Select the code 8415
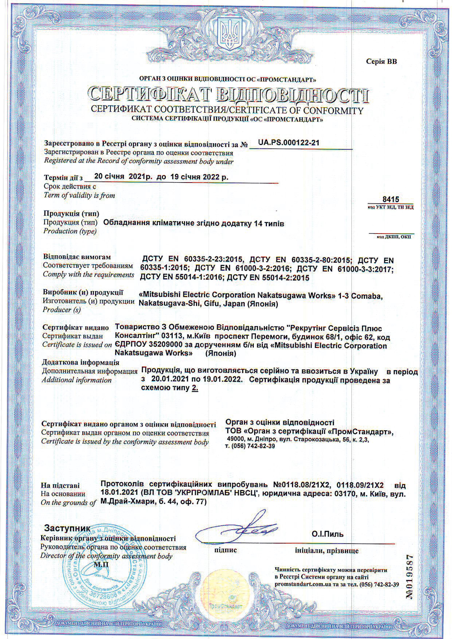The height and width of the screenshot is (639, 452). (x=391, y=199)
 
